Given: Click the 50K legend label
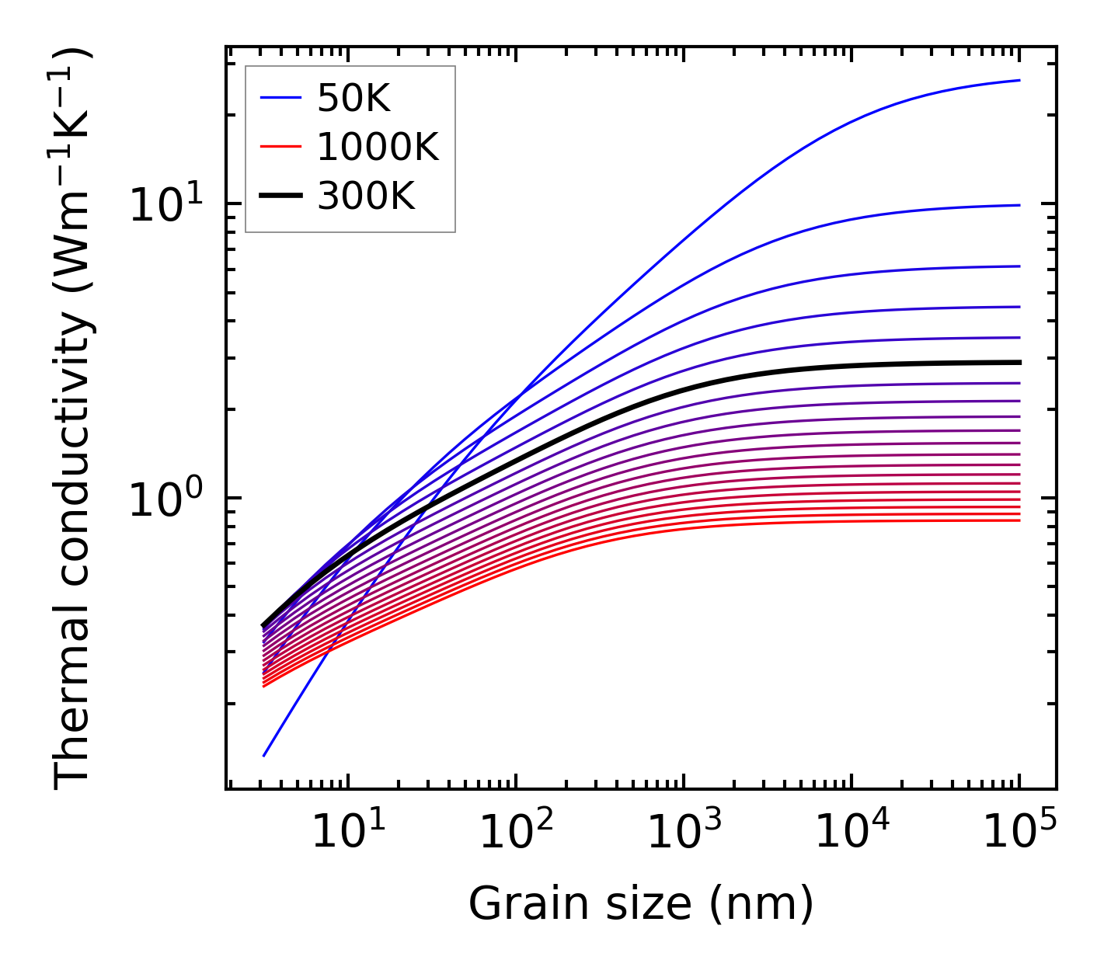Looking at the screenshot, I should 353,98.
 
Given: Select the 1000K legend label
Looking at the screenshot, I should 378,147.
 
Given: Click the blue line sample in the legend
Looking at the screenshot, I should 280,98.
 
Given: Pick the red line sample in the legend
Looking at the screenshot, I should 280,147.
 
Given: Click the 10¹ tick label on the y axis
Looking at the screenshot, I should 164,205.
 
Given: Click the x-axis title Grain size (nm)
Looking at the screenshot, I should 641,904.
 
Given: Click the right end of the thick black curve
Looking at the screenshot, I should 1019,362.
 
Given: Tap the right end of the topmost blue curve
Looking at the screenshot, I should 1019,80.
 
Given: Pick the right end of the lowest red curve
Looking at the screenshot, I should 1019,520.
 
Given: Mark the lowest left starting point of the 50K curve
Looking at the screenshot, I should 264,755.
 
